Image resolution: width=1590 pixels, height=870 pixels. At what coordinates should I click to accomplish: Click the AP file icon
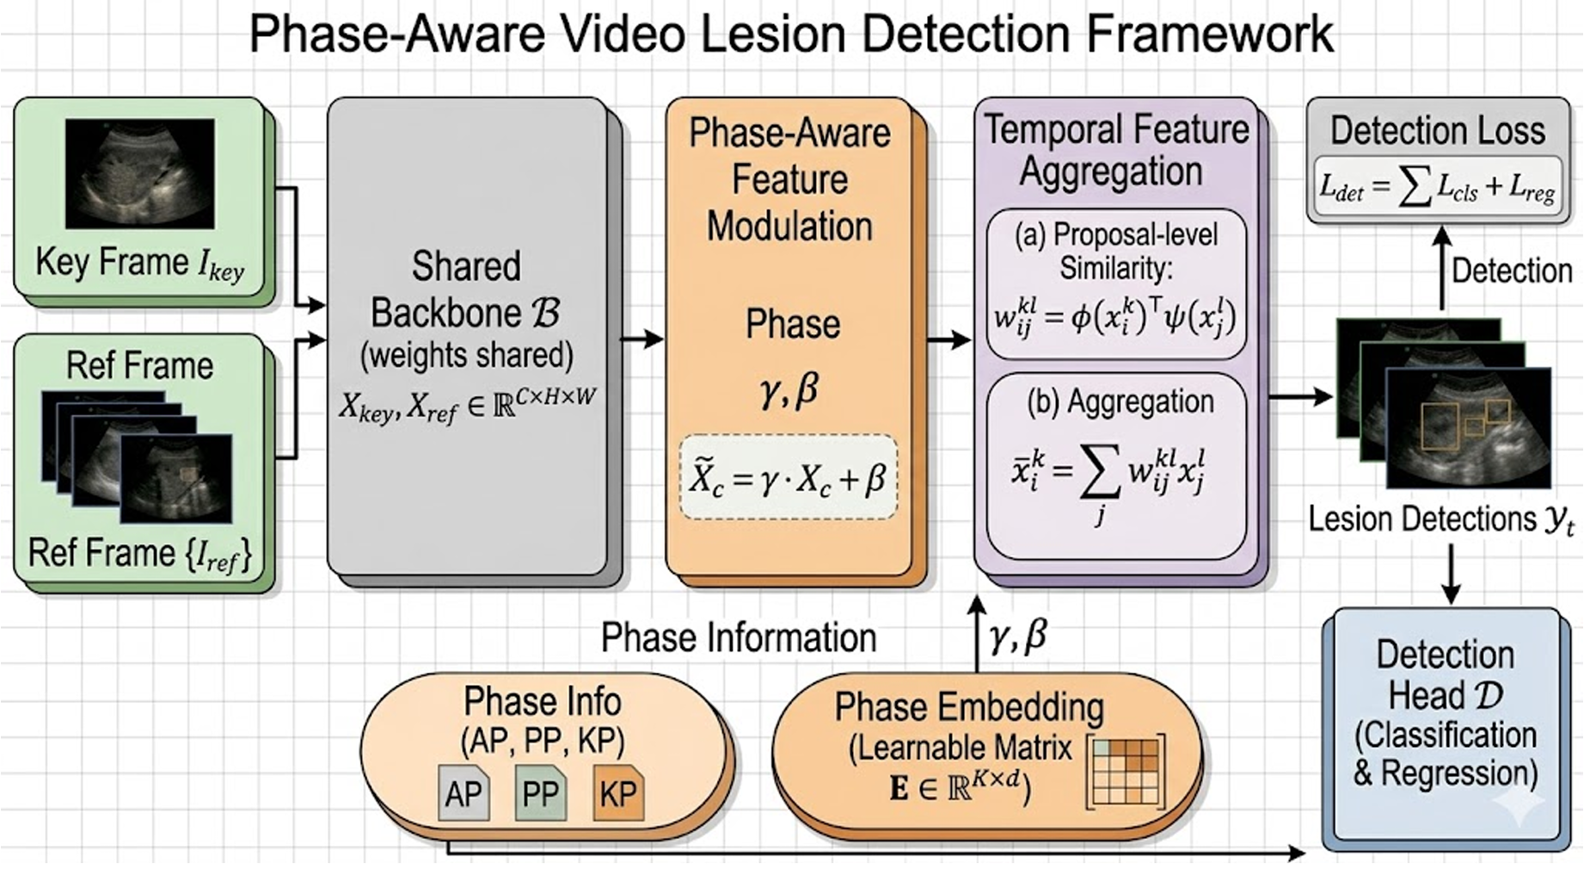click(x=463, y=792)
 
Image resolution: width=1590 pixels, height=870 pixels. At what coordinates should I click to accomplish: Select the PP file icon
click(x=540, y=792)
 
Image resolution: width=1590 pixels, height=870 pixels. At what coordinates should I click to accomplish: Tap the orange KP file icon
click(x=617, y=792)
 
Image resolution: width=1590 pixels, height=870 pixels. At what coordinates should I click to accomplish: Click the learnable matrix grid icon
click(x=1126, y=771)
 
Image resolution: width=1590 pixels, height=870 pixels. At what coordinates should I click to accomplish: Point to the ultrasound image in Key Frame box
click(x=139, y=173)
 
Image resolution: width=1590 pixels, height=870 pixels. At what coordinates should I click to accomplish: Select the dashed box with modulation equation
click(x=788, y=477)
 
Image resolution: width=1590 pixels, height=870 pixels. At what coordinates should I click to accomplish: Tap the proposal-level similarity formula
click(x=1115, y=318)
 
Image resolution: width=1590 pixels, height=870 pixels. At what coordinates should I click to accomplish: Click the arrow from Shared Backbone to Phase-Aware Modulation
click(x=642, y=339)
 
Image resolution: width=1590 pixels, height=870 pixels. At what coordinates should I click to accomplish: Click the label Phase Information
click(x=738, y=638)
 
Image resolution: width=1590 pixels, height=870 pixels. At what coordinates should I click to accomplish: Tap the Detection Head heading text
click(x=1445, y=675)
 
